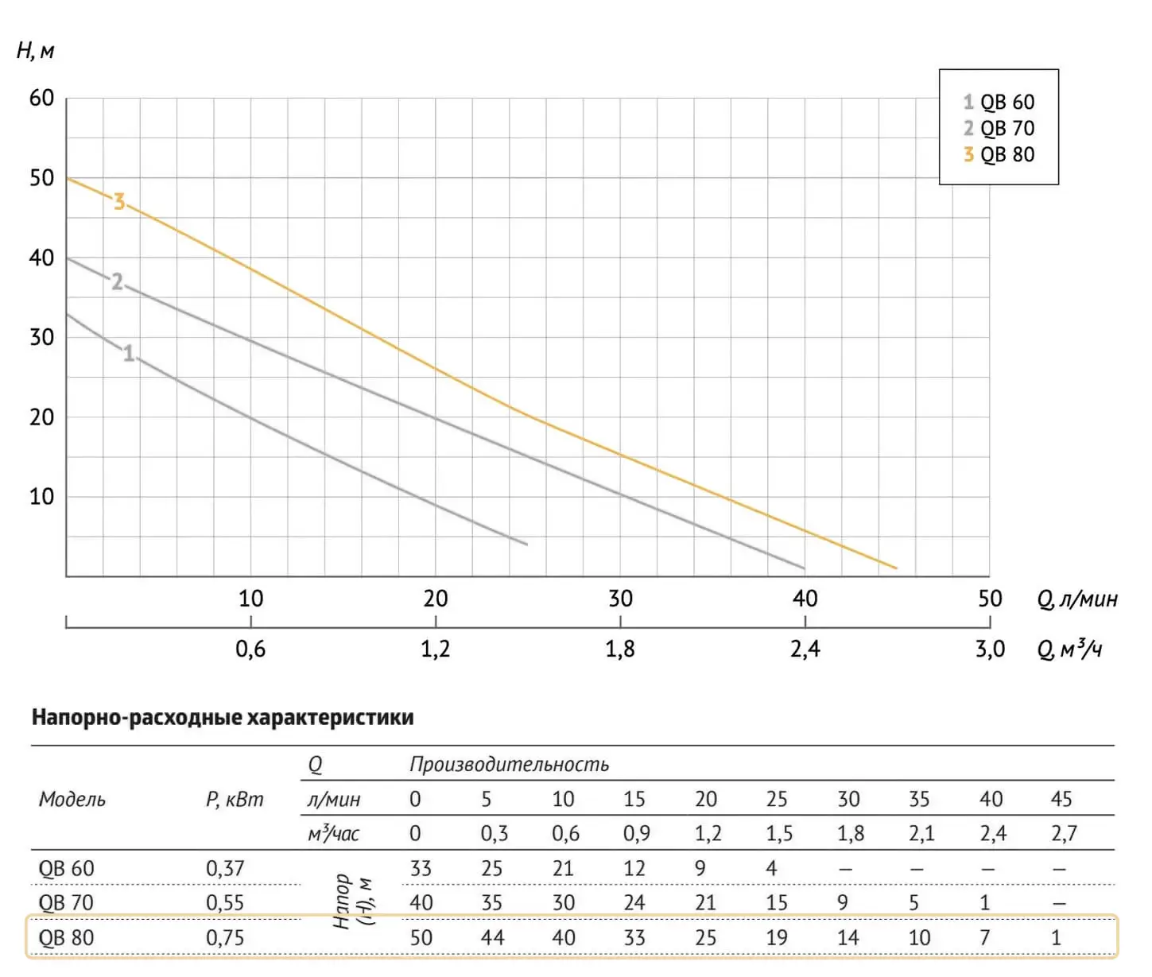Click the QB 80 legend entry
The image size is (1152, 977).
point(999,154)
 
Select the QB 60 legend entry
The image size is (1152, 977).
point(999,102)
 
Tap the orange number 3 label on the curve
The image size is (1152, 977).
point(119,202)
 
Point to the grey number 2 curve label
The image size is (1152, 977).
point(117,282)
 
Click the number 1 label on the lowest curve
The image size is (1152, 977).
point(129,353)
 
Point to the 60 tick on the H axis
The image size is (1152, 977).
point(41,99)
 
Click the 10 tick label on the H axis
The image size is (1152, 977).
point(41,497)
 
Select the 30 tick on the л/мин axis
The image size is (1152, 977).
point(620,599)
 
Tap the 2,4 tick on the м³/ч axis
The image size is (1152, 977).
point(805,649)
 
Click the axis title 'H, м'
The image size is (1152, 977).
point(35,52)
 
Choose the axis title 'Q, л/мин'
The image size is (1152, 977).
point(1077,599)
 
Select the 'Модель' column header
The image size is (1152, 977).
point(72,799)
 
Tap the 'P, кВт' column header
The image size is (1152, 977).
point(234,799)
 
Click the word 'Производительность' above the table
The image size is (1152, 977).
point(509,765)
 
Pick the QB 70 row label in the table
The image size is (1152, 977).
point(66,903)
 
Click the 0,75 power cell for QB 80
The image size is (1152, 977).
point(225,938)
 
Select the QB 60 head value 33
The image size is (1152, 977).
point(421,868)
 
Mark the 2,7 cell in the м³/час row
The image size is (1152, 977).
point(1063,834)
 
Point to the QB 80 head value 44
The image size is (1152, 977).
point(492,938)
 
